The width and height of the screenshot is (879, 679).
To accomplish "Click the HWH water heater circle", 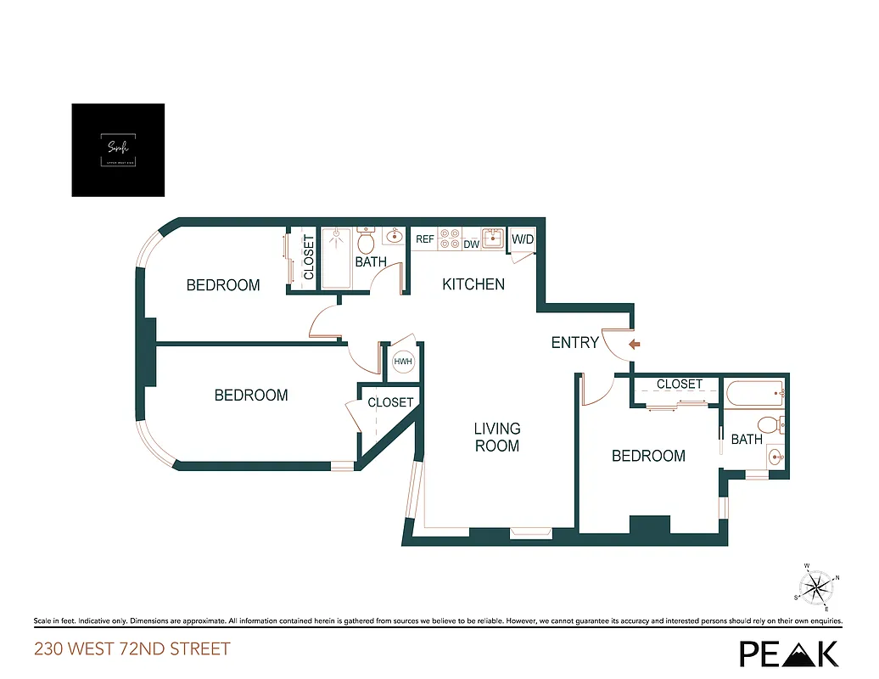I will [403, 362].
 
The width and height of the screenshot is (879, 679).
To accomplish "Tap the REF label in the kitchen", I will [425, 240].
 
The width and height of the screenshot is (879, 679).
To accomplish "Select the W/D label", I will [523, 240].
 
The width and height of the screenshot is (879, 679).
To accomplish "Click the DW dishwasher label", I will [471, 244].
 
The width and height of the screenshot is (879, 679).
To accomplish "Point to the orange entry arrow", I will [634, 344].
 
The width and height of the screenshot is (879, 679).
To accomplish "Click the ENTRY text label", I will [574, 343].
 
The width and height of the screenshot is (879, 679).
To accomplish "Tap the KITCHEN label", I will [473, 284].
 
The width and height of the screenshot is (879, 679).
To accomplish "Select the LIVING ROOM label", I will [497, 437].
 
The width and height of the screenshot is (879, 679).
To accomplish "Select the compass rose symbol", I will [817, 586].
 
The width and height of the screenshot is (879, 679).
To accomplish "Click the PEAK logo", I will [789, 653].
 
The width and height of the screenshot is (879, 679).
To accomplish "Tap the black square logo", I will [118, 150].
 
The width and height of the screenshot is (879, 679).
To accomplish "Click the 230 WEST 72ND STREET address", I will [132, 650].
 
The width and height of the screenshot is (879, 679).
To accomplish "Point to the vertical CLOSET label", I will [309, 258].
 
